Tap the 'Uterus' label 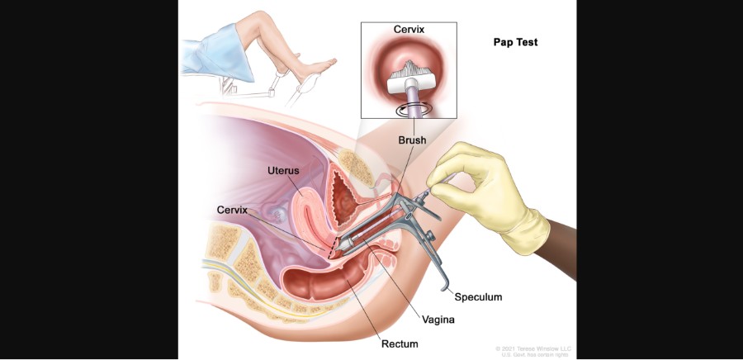point(282,170)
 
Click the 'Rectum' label point(399,343)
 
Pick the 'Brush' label point(411,140)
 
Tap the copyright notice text point(532,351)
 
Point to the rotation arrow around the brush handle point(410,109)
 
